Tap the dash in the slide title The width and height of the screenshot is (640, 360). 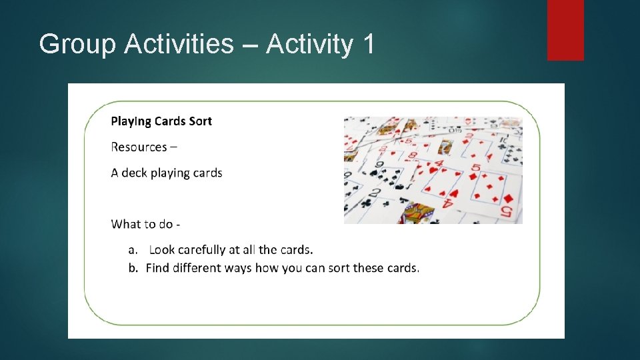point(250,45)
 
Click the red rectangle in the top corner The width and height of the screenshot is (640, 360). point(565,30)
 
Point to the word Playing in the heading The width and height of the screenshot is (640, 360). point(131,121)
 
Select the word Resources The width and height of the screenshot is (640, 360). point(138,147)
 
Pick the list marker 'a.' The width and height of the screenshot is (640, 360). point(133,250)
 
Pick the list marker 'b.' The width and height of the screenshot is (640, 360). point(133,268)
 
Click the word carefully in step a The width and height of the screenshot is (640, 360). point(199,250)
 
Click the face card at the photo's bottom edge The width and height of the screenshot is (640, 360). point(420,213)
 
